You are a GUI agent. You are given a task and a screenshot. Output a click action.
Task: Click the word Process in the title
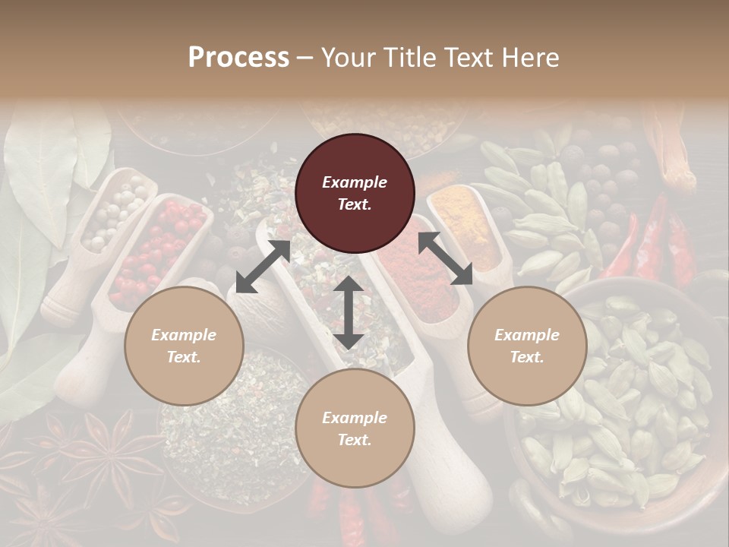click(x=238, y=58)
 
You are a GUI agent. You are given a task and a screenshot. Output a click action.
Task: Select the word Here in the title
click(x=529, y=58)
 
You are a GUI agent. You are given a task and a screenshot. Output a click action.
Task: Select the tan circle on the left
click(x=184, y=346)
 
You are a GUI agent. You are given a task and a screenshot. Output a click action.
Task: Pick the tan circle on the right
click(x=527, y=346)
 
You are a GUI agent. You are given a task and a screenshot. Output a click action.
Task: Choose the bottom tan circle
click(x=355, y=428)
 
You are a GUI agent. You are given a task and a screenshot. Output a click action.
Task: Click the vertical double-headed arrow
click(x=349, y=312)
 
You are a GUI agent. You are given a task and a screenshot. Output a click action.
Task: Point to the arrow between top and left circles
click(x=263, y=266)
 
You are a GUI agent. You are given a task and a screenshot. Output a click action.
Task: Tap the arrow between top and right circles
click(x=445, y=258)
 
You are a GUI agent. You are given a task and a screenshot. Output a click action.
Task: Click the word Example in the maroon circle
click(x=355, y=182)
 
